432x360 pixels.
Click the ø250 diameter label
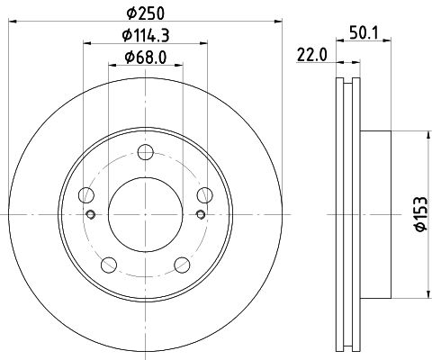(x=146, y=13)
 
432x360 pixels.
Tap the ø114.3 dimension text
(x=146, y=35)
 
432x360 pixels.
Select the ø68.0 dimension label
(x=146, y=57)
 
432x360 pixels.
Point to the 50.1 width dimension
(x=364, y=32)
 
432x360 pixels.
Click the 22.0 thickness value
(x=311, y=55)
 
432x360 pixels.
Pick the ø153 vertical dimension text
(x=420, y=214)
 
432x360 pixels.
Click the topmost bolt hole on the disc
(x=146, y=152)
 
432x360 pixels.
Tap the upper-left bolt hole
(x=86, y=195)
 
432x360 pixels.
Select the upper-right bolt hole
(x=205, y=195)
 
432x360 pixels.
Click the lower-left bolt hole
(x=109, y=265)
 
